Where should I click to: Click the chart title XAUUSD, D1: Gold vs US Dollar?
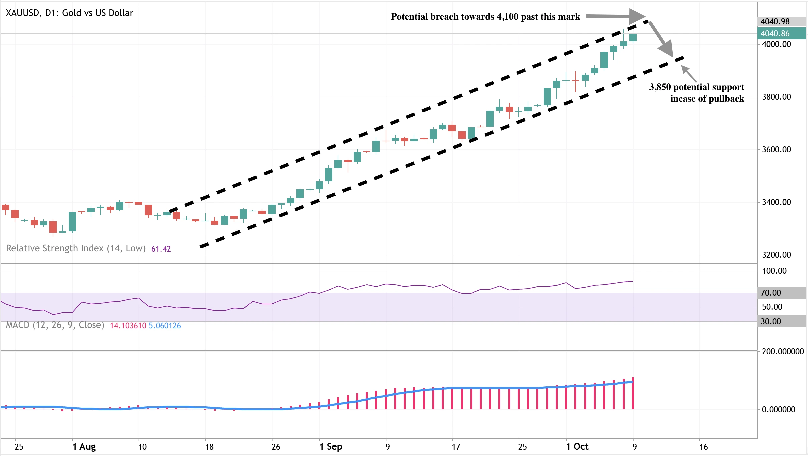pyautogui.click(x=69, y=13)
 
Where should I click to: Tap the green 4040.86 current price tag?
pyautogui.click(x=775, y=33)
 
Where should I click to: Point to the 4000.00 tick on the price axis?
pyautogui.click(x=776, y=44)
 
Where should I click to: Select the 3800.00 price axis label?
pyautogui.click(x=776, y=97)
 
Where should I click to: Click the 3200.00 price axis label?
pyautogui.click(x=776, y=255)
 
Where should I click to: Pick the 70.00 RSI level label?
pyautogui.click(x=771, y=293)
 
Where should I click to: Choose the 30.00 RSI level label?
pyautogui.click(x=771, y=321)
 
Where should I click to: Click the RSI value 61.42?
pyautogui.click(x=161, y=249)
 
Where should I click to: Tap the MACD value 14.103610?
pyautogui.click(x=128, y=326)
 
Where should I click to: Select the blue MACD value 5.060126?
pyautogui.click(x=165, y=326)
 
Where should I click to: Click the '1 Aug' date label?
pyautogui.click(x=84, y=447)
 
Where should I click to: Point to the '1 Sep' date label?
pyautogui.click(x=331, y=447)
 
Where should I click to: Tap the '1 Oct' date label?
pyautogui.click(x=577, y=447)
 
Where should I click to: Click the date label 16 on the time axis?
pyautogui.click(x=703, y=447)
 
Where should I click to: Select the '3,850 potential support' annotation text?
pyautogui.click(x=697, y=87)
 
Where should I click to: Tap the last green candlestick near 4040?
pyautogui.click(x=633, y=37)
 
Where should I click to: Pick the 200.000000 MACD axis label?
pyautogui.click(x=783, y=351)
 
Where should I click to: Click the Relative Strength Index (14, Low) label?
pyautogui.click(x=76, y=248)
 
